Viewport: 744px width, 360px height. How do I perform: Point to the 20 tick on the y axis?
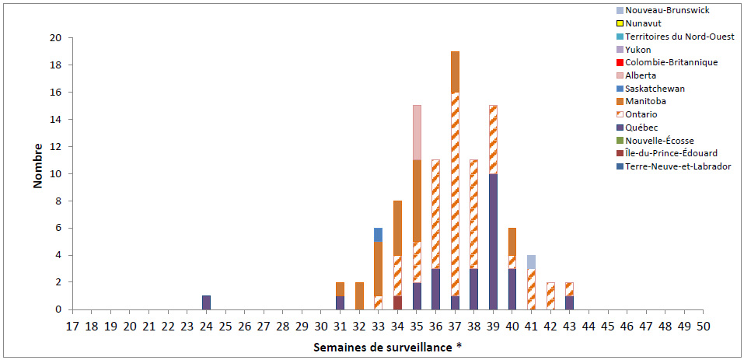(56, 38)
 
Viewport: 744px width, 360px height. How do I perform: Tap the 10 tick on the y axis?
(56, 174)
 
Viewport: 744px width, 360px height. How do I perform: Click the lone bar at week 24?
(206, 302)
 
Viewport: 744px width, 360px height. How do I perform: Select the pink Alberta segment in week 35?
(417, 132)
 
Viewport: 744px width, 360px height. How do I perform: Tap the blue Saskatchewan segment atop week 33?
(379, 234)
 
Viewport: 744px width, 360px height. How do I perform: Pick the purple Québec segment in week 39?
(493, 241)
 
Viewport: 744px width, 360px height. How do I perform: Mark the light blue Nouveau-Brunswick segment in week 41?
(531, 261)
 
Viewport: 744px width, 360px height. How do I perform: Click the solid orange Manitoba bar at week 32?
(359, 295)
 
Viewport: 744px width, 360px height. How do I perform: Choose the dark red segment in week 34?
(397, 302)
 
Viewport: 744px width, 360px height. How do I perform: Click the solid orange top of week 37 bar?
(455, 72)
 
